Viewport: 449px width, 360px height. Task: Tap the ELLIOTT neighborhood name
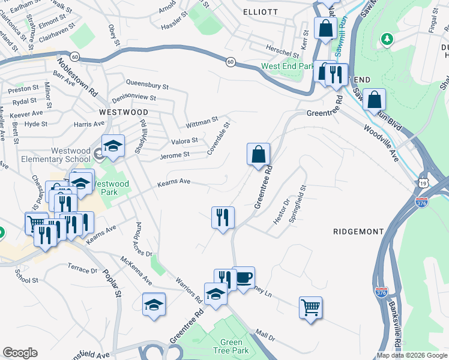[261, 12]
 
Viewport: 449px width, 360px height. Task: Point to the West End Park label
[288, 66]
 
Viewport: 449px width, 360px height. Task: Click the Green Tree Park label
[231, 346]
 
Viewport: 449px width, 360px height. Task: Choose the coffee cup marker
[243, 278]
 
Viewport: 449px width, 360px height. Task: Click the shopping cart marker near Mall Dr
[310, 308]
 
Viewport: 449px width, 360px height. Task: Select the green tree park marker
[388, 39]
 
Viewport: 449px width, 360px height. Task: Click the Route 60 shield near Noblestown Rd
[74, 56]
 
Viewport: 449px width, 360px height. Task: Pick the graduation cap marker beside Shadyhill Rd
[112, 146]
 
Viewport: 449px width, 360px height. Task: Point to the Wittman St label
[202, 122]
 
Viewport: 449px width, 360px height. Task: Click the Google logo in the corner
[20, 353]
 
